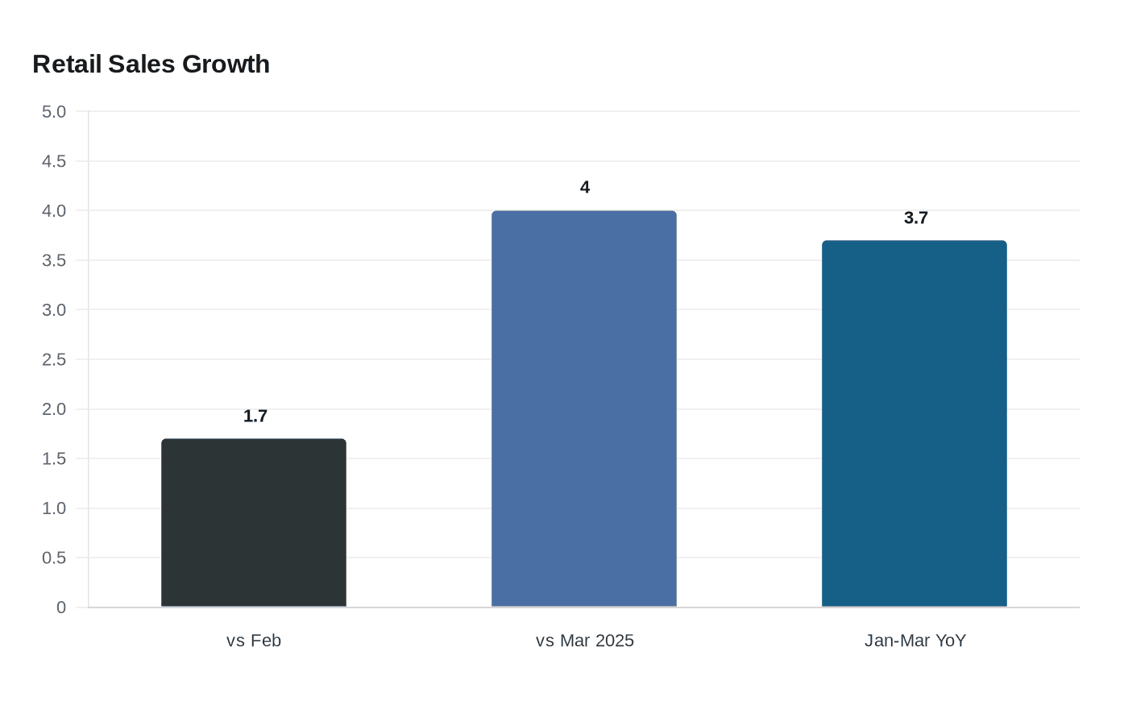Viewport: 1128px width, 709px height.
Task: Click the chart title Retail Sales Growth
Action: pos(151,64)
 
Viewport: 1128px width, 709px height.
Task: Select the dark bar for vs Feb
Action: pos(254,523)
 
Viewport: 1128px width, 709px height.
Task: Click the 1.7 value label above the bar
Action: pos(255,417)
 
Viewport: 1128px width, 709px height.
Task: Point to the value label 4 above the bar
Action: pos(585,188)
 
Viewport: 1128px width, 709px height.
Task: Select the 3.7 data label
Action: pos(916,218)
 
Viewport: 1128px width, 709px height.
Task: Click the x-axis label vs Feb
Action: pos(254,641)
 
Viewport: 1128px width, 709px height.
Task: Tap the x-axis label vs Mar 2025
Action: pos(585,641)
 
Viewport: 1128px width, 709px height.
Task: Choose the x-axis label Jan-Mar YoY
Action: pos(915,641)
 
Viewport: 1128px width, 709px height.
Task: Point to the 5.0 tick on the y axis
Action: pos(54,112)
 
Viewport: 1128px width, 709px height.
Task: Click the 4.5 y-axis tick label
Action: pos(54,161)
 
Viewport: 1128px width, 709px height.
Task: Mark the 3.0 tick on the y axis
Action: pos(54,310)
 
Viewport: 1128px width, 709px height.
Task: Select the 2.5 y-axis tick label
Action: pos(54,359)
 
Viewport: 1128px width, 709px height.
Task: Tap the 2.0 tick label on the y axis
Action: pos(54,409)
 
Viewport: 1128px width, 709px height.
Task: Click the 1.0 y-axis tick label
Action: pos(54,508)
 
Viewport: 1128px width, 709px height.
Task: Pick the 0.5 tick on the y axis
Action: pos(54,558)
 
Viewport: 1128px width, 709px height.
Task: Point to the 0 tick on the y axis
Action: pos(61,607)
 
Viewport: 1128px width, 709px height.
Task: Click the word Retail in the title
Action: pos(67,64)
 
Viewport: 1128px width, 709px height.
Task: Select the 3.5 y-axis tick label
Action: pos(54,260)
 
